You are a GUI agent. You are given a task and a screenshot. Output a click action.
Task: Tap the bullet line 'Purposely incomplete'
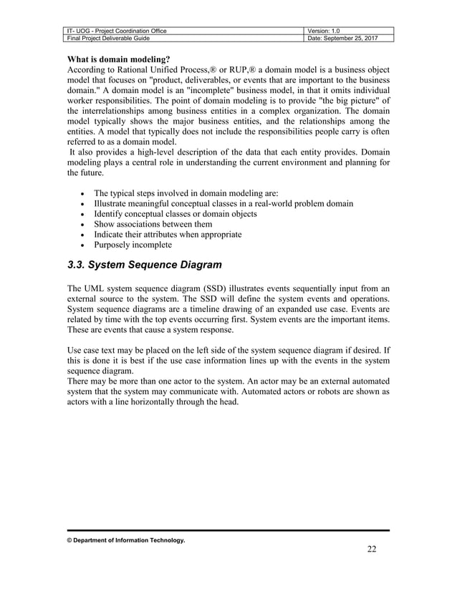pyautogui.click(x=133, y=245)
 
